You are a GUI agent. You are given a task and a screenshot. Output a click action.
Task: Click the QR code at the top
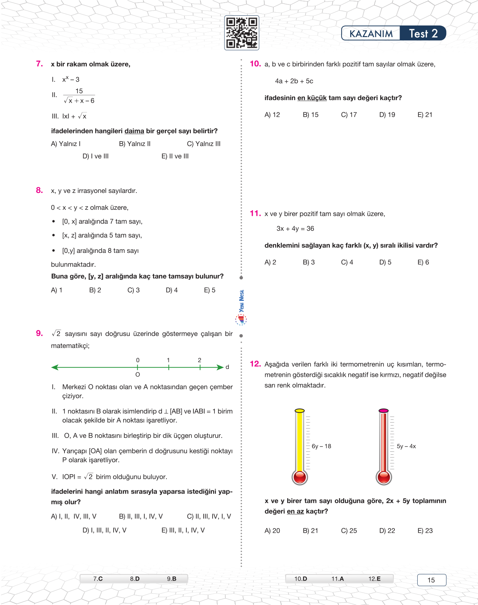pyautogui.click(x=241, y=33)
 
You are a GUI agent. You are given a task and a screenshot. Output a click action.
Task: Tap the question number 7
pyautogui.click(x=39, y=64)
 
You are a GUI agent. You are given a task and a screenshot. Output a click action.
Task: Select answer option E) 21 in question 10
pyautogui.click(x=425, y=115)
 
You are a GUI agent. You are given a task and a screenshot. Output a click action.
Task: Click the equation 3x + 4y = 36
pyautogui.click(x=295, y=229)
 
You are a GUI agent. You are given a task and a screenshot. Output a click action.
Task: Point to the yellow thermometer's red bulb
pyautogui.click(x=300, y=477)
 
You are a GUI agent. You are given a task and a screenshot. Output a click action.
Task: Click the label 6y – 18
pyautogui.click(x=321, y=446)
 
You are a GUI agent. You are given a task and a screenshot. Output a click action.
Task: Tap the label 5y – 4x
pyautogui.click(x=406, y=446)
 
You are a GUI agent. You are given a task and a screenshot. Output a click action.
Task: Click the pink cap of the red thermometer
pyautogui.click(x=384, y=411)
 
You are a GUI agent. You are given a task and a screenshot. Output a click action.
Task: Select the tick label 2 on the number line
pyautogui.click(x=199, y=360)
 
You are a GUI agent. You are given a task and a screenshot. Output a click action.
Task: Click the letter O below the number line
pyautogui.click(x=138, y=375)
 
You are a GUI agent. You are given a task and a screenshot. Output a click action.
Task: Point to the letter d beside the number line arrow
pyautogui.click(x=227, y=367)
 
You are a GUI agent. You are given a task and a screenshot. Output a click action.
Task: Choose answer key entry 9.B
pyautogui.click(x=171, y=579)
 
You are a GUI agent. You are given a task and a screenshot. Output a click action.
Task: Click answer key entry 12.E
pyautogui.click(x=374, y=579)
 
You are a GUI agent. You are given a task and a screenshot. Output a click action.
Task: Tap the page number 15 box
pyautogui.click(x=432, y=580)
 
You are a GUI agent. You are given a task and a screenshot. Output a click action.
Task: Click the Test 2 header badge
pyautogui.click(x=423, y=33)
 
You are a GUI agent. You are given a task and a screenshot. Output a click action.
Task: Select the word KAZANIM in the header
pyautogui.click(x=371, y=34)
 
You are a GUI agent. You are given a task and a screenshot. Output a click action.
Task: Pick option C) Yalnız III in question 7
pyautogui.click(x=204, y=144)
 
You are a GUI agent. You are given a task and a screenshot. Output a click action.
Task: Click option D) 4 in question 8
pyautogui.click(x=172, y=290)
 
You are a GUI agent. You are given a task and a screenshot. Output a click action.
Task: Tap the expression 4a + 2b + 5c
pyautogui.click(x=294, y=81)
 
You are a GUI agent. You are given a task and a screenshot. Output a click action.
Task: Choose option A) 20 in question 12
pyautogui.click(x=272, y=530)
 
